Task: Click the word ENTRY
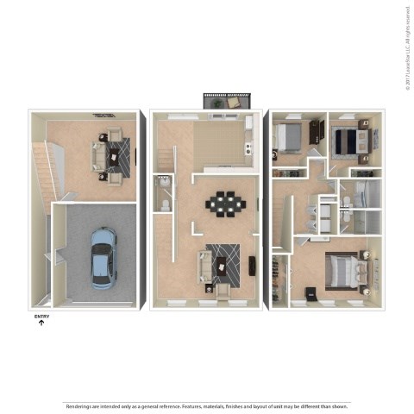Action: (x=41, y=317)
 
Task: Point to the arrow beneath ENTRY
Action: (x=41, y=323)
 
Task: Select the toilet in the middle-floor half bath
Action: (x=163, y=204)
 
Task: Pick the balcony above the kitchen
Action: (x=225, y=101)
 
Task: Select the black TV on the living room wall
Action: (x=253, y=264)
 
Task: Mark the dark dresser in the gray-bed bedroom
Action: (x=275, y=155)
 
